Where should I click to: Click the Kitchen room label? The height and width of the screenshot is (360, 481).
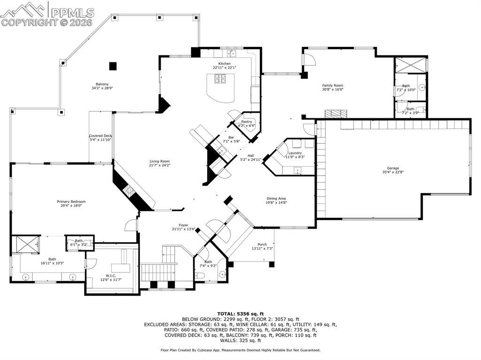pyautogui.click(x=224, y=64)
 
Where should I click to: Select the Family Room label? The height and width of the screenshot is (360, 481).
pyautogui.click(x=333, y=85)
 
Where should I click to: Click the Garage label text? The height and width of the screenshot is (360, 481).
pyautogui.click(x=393, y=168)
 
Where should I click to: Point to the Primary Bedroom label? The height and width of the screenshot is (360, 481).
pyautogui.click(x=71, y=201)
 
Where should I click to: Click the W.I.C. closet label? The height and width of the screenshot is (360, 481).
pyautogui.click(x=111, y=276)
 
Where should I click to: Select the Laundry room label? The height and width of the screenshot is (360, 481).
pyautogui.click(x=295, y=153)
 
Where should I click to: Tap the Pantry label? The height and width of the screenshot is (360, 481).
pyautogui.click(x=247, y=122)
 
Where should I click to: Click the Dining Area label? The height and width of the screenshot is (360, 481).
pyautogui.click(x=277, y=199)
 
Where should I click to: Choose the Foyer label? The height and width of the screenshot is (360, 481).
pyautogui.click(x=183, y=225)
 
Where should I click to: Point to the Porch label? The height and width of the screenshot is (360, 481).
pyautogui.click(x=262, y=245)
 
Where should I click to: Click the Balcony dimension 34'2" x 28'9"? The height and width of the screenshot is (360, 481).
pyautogui.click(x=103, y=88)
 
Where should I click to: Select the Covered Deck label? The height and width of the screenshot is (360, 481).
pyautogui.click(x=101, y=136)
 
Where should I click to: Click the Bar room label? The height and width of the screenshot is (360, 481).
pyautogui.click(x=231, y=138)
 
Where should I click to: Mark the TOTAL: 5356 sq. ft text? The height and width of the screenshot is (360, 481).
pyautogui.click(x=240, y=314)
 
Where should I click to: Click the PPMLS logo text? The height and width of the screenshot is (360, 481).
pyautogui.click(x=72, y=12)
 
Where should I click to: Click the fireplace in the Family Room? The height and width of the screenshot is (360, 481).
pyautogui.click(x=336, y=114)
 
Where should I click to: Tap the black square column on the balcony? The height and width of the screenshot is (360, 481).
pyautogui.click(x=113, y=66)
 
